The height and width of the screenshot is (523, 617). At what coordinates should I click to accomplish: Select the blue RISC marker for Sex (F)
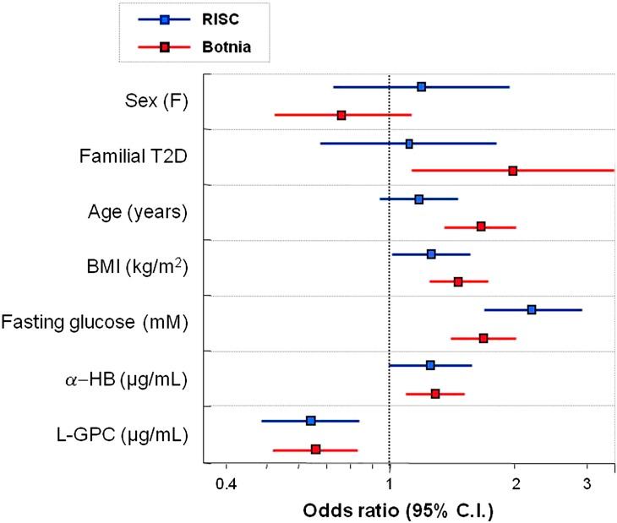(421, 87)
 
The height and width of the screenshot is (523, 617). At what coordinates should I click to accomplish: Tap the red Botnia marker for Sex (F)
(341, 115)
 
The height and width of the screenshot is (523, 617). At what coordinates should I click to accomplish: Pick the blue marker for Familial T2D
(409, 144)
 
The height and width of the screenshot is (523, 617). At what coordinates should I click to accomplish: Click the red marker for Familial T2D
(513, 171)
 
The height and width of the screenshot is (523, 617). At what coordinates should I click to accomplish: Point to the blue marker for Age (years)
(418, 199)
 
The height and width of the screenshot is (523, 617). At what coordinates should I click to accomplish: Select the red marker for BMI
(458, 281)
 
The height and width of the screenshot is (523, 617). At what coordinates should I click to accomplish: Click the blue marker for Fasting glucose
(531, 310)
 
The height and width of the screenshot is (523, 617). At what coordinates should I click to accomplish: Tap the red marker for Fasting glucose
(483, 338)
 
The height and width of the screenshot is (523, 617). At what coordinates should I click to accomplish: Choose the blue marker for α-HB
(430, 365)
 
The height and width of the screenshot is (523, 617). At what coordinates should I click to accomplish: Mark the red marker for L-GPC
(315, 449)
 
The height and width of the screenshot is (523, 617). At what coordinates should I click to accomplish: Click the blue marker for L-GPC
(310, 421)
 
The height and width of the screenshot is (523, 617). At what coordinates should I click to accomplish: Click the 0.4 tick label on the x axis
(225, 484)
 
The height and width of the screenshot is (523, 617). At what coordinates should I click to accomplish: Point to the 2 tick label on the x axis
(516, 484)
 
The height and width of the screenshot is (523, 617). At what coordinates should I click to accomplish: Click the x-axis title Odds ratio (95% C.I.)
(397, 510)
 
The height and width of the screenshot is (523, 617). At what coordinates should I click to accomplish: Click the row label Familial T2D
(133, 156)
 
